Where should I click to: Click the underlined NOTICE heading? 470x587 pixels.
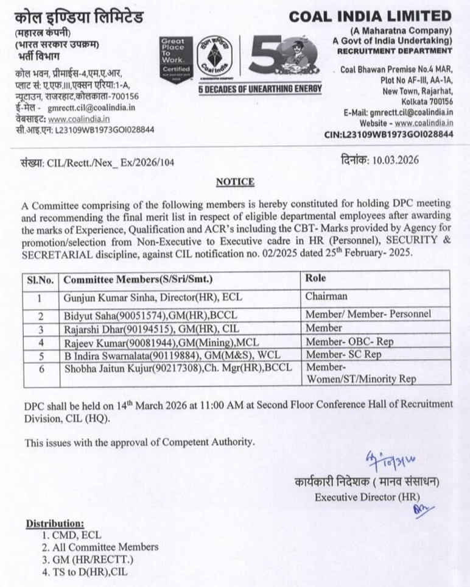(235, 182)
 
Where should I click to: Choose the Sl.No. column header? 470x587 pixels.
(40, 279)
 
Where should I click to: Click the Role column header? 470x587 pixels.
(315, 278)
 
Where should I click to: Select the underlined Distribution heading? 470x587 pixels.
(54, 523)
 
